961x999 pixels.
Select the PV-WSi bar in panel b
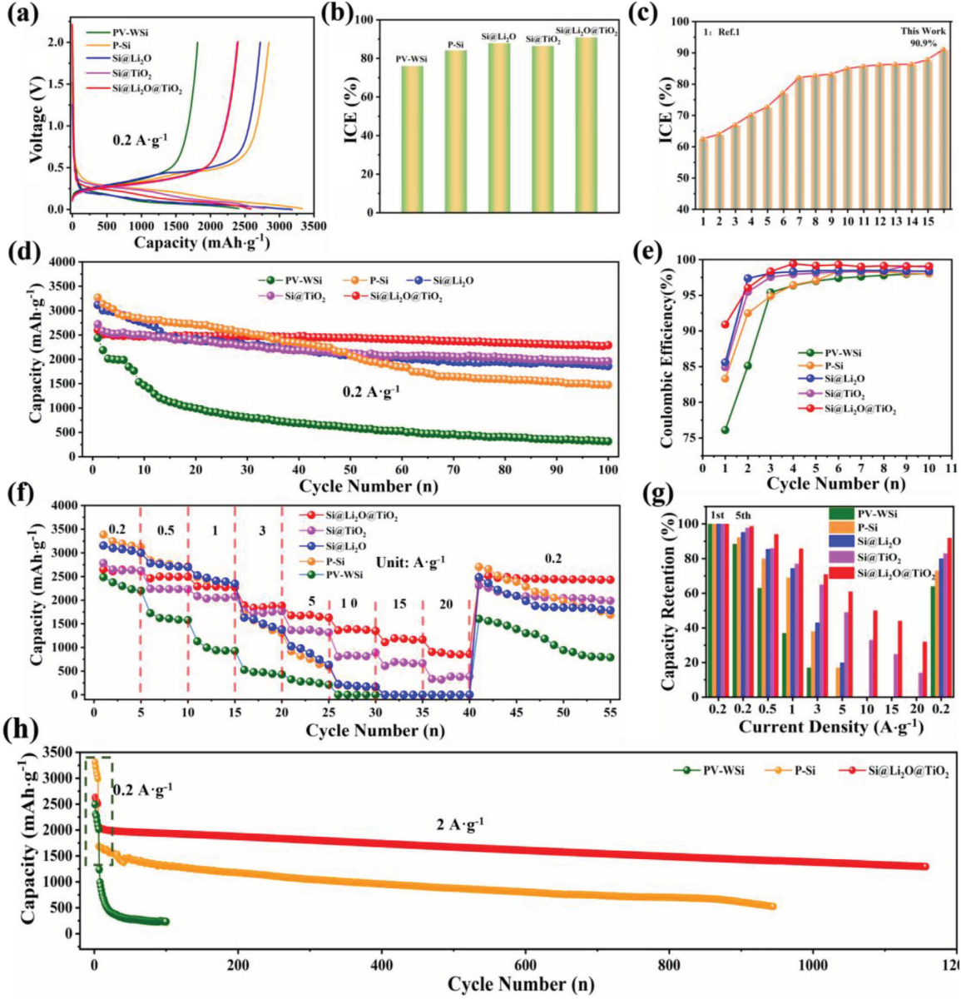(412, 138)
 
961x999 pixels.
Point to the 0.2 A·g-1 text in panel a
(140, 141)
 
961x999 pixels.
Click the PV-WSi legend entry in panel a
(133, 32)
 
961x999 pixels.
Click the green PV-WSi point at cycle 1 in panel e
(725, 430)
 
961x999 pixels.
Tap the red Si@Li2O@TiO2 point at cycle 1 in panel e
(725, 325)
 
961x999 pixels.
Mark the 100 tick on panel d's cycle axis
(608, 471)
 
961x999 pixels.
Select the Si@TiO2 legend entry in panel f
(346, 531)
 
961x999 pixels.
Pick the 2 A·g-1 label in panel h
(460, 825)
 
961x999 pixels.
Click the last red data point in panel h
(924, 867)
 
